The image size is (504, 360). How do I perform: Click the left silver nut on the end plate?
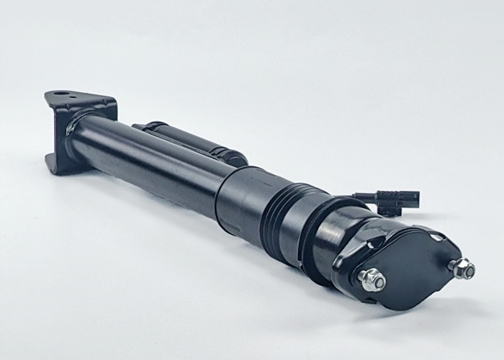pos(372,279)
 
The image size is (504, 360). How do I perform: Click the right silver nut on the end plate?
pos(461,269)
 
